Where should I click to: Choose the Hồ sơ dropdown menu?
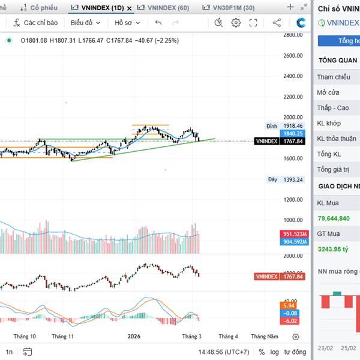(x=127, y=23)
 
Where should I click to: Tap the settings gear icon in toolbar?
(x=236, y=23)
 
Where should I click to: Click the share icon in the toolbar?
(x=277, y=23)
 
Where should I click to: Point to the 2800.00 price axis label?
(x=292, y=35)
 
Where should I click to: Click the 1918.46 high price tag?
(x=292, y=126)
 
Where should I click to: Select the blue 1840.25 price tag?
(x=292, y=133)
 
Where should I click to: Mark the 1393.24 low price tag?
(x=292, y=179)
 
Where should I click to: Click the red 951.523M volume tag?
(x=294, y=234)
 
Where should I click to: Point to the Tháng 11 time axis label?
(x=62, y=337)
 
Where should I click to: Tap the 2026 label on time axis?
(x=134, y=337)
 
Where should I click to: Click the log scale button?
(x=275, y=352)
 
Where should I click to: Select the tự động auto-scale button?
(x=295, y=352)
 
